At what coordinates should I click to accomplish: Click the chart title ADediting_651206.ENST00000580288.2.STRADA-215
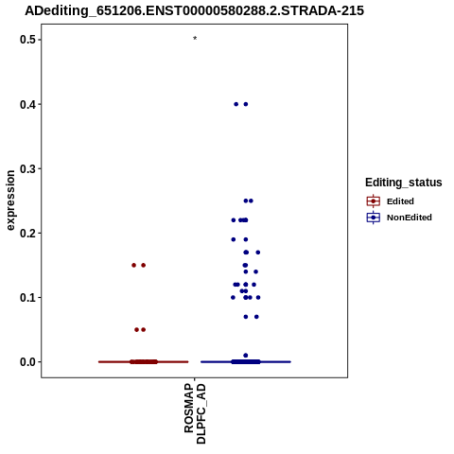tap(194, 11)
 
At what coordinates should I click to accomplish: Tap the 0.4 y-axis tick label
tap(26, 104)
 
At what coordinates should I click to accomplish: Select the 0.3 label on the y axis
tap(26, 168)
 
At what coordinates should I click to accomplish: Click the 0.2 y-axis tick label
tap(26, 233)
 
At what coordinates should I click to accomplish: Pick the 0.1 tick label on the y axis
tap(26, 297)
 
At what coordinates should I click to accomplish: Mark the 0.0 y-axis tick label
tap(26, 362)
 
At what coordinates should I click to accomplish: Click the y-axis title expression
tap(10, 201)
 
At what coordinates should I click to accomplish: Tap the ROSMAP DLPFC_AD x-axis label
tap(195, 413)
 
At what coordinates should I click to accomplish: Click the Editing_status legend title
tap(404, 183)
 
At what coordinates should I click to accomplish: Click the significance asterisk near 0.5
tap(195, 39)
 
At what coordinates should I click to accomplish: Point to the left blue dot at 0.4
tap(236, 104)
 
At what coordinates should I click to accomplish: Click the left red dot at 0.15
tap(133, 266)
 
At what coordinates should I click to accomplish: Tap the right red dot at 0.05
tap(144, 330)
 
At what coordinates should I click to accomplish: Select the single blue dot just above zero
tap(246, 356)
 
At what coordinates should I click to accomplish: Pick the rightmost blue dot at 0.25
tap(251, 201)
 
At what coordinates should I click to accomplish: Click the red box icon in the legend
tap(374, 201)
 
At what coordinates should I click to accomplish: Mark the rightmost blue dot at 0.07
tap(256, 317)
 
